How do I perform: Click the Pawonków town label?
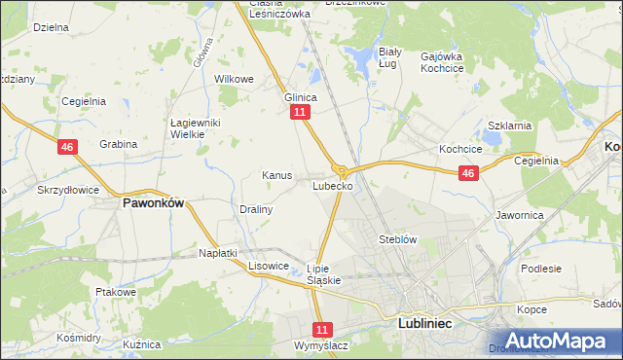[153, 204]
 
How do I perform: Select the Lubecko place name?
[332, 185]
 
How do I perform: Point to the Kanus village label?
[277, 175]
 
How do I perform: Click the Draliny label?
[256, 209]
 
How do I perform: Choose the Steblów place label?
[398, 238]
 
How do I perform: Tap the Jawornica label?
[519, 214]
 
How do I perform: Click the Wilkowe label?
[234, 79]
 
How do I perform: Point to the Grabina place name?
[118, 144]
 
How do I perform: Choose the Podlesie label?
[541, 269]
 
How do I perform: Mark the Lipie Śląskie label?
[323, 274]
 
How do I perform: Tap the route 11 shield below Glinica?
[299, 114]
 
